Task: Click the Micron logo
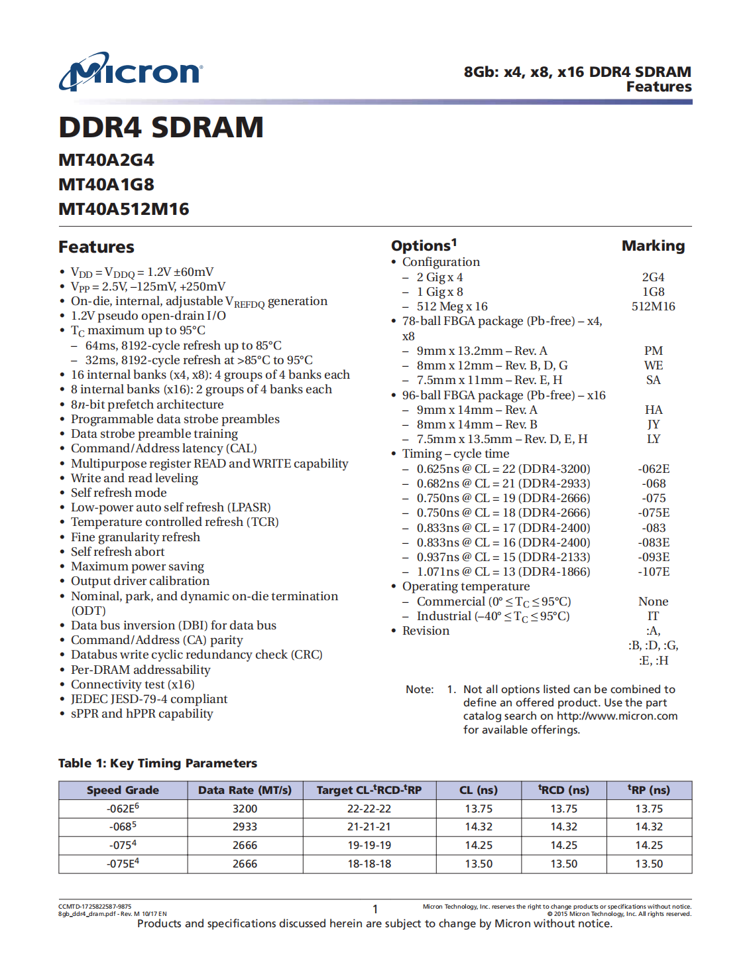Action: point(131,72)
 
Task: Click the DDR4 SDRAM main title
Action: point(161,127)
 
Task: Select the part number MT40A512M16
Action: point(124,209)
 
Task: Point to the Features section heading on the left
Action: point(97,247)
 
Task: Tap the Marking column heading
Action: point(653,246)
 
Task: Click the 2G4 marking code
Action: point(653,277)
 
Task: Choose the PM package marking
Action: point(653,351)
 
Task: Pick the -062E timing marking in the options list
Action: point(653,469)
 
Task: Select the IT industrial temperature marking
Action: point(653,616)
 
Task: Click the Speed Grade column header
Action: point(123,790)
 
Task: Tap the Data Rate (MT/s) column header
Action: point(245,790)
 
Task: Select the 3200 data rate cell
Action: point(245,809)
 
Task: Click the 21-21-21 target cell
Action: point(369,827)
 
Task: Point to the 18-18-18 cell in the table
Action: point(369,864)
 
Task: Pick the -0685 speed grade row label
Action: point(123,827)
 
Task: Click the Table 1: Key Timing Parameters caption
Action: point(158,763)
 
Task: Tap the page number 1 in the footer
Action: point(375,909)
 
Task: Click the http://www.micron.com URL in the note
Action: point(617,716)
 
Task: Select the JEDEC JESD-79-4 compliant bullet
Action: point(149,699)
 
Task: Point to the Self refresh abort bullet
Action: point(118,552)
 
